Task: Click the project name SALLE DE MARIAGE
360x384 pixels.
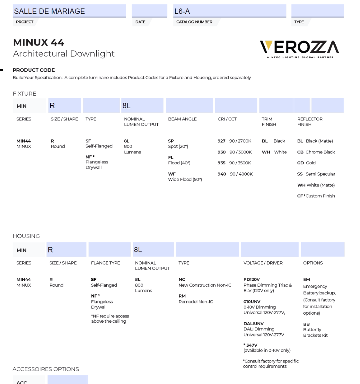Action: click(x=49, y=11)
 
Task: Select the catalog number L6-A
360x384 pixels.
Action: click(x=182, y=11)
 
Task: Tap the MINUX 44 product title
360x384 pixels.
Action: click(x=39, y=42)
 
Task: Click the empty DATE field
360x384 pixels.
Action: click(x=149, y=11)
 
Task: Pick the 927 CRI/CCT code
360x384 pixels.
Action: click(x=222, y=141)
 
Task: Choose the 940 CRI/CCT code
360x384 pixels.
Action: click(x=222, y=174)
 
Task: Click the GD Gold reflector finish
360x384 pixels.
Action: click(x=306, y=163)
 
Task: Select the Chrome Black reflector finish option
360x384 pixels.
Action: click(x=316, y=152)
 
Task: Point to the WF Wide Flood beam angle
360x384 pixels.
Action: click(x=172, y=174)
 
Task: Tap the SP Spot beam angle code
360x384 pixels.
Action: click(x=171, y=141)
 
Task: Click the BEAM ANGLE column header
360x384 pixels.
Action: click(x=182, y=119)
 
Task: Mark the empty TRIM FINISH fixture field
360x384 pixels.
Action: click(x=276, y=106)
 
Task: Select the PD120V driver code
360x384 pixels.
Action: click(x=251, y=279)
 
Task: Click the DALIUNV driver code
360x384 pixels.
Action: click(x=253, y=324)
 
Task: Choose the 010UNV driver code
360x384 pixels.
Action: click(x=252, y=301)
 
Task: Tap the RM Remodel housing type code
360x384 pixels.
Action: click(x=182, y=296)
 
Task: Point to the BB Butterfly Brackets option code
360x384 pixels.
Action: click(x=306, y=324)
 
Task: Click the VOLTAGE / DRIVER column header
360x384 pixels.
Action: click(x=263, y=263)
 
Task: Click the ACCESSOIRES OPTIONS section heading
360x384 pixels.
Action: click(x=46, y=369)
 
